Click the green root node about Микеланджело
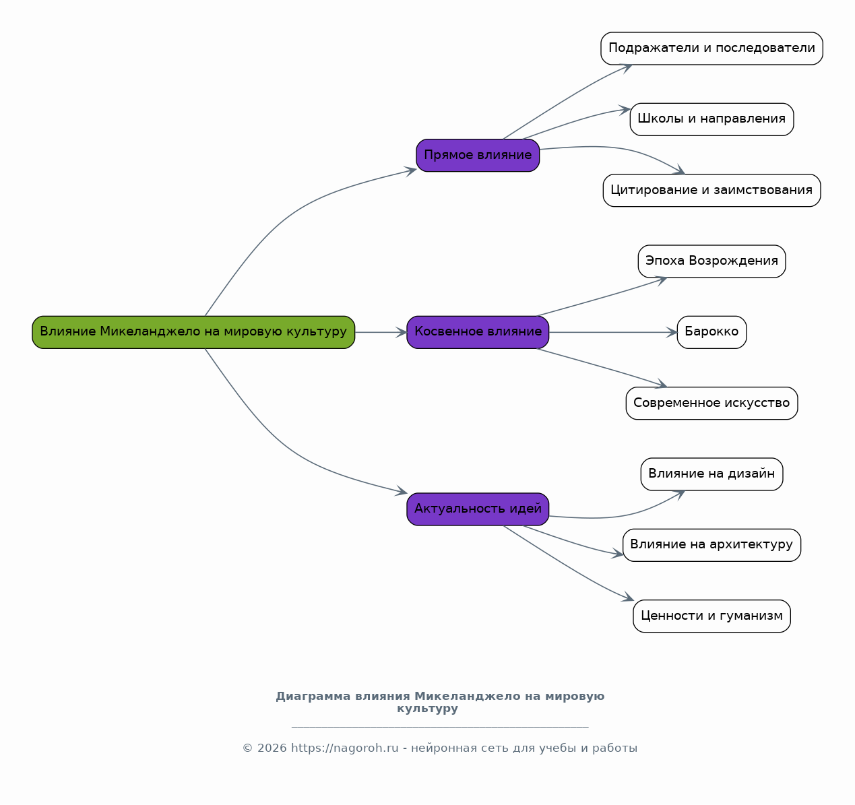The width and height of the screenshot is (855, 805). pos(193,332)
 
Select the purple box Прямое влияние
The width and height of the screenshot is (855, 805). pos(478,156)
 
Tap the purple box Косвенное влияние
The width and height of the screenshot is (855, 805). pos(478,332)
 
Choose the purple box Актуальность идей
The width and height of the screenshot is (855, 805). pos(478,509)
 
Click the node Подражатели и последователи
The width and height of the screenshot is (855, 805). pos(711,49)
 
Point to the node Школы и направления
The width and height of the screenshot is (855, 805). pos(711,119)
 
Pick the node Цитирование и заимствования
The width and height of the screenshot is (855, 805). pos(711,190)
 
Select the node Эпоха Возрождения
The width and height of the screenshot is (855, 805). pos(711,261)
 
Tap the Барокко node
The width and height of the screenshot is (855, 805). pos(711,332)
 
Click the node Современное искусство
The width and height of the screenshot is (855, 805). pos(711,404)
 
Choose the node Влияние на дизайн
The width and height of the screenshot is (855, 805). pos(711,474)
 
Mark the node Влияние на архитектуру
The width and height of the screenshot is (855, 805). pos(711,545)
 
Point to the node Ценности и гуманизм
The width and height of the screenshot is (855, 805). pos(711,616)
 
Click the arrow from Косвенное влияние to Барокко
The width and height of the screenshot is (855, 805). pos(613,332)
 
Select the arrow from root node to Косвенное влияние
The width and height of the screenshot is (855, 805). pos(381,332)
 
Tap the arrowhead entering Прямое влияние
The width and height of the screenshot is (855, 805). pos(410,171)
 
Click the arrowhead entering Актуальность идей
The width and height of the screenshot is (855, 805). pos(401,491)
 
